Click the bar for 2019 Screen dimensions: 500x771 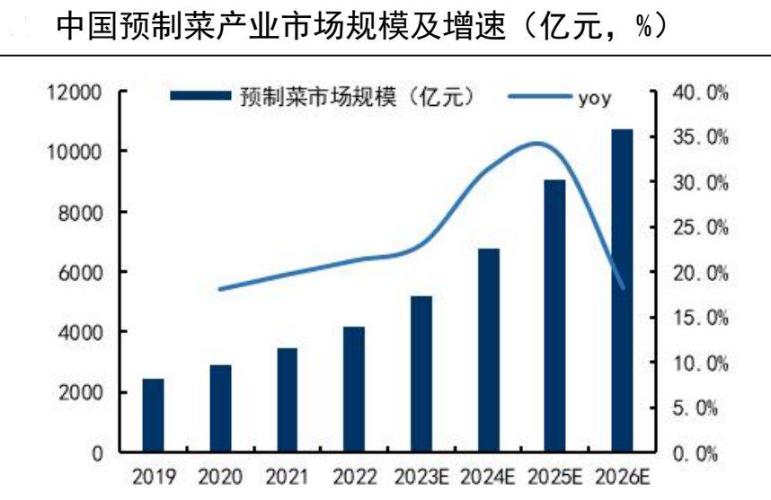153,416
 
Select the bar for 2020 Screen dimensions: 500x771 220,408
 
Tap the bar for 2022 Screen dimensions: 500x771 353,390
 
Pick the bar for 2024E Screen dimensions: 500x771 488,350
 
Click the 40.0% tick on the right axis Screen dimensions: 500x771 701,93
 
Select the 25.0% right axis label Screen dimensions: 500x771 701,228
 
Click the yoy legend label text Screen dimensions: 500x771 595,98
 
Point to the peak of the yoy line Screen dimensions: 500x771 537,143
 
